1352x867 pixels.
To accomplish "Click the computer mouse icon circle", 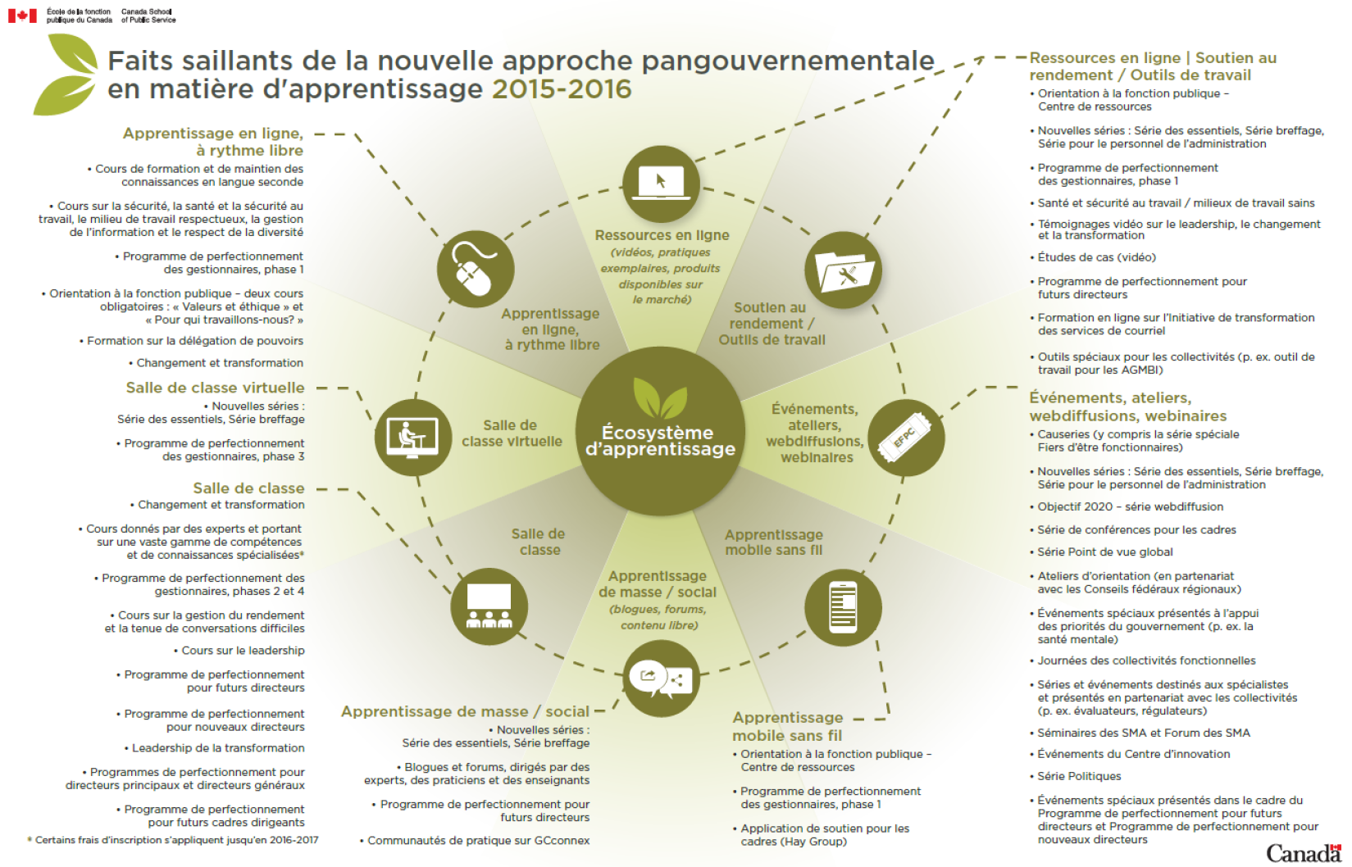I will (475, 269).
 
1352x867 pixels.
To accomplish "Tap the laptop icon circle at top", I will (661, 184).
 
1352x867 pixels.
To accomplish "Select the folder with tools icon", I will (843, 270).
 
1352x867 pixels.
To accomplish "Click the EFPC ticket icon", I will (906, 438).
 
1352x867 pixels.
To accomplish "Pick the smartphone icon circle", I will (843, 607).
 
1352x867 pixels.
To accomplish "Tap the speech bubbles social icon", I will (661, 679).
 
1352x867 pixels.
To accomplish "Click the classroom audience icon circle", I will (489, 606).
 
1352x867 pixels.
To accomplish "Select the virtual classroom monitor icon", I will (413, 438).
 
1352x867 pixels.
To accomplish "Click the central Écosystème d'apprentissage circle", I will (660, 431).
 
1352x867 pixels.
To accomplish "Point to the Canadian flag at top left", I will (23, 15).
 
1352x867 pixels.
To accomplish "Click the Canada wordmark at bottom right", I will (1304, 853).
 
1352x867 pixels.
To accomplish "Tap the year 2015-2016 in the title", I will (562, 89).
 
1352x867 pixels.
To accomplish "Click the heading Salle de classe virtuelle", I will (215, 388).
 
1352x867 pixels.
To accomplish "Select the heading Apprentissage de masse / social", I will (465, 711).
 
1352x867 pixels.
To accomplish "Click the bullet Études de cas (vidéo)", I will (1096, 257).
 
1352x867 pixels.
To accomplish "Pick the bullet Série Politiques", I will (1079, 776).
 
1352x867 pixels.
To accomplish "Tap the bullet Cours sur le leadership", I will (243, 651).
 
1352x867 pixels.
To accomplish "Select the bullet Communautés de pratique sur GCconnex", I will (478, 841).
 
